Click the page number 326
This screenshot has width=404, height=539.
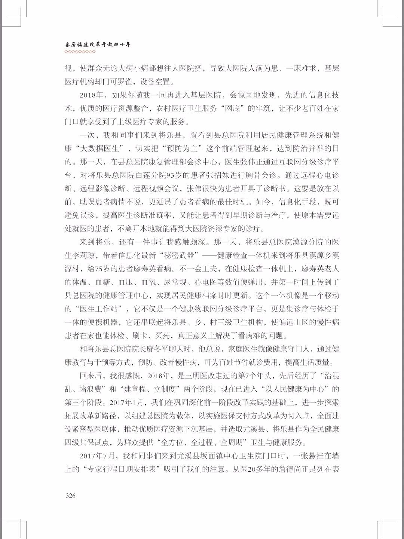pos(70,496)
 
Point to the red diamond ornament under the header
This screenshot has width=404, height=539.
pos(80,52)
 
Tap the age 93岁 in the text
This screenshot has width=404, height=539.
pos(175,175)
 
